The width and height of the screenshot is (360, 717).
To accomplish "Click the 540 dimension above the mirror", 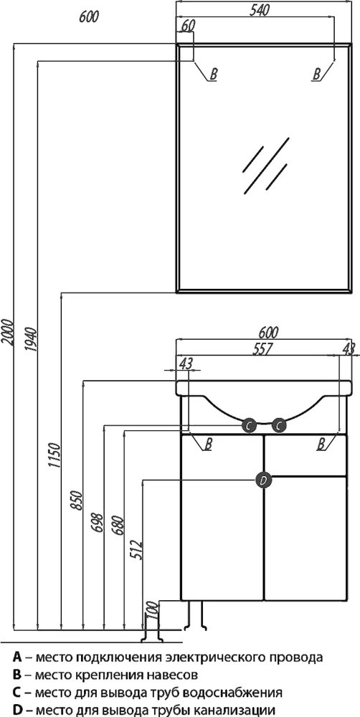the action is click(260, 10).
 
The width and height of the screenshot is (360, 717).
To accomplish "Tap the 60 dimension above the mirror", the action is click(188, 26).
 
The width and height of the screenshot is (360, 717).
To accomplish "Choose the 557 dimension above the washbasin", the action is click(262, 348).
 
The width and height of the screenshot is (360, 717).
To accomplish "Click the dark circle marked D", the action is click(263, 480).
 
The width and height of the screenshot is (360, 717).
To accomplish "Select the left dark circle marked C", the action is click(249, 426).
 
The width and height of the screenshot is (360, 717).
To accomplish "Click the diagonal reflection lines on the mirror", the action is click(266, 165).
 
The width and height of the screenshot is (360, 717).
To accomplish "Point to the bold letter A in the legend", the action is click(17, 657).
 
